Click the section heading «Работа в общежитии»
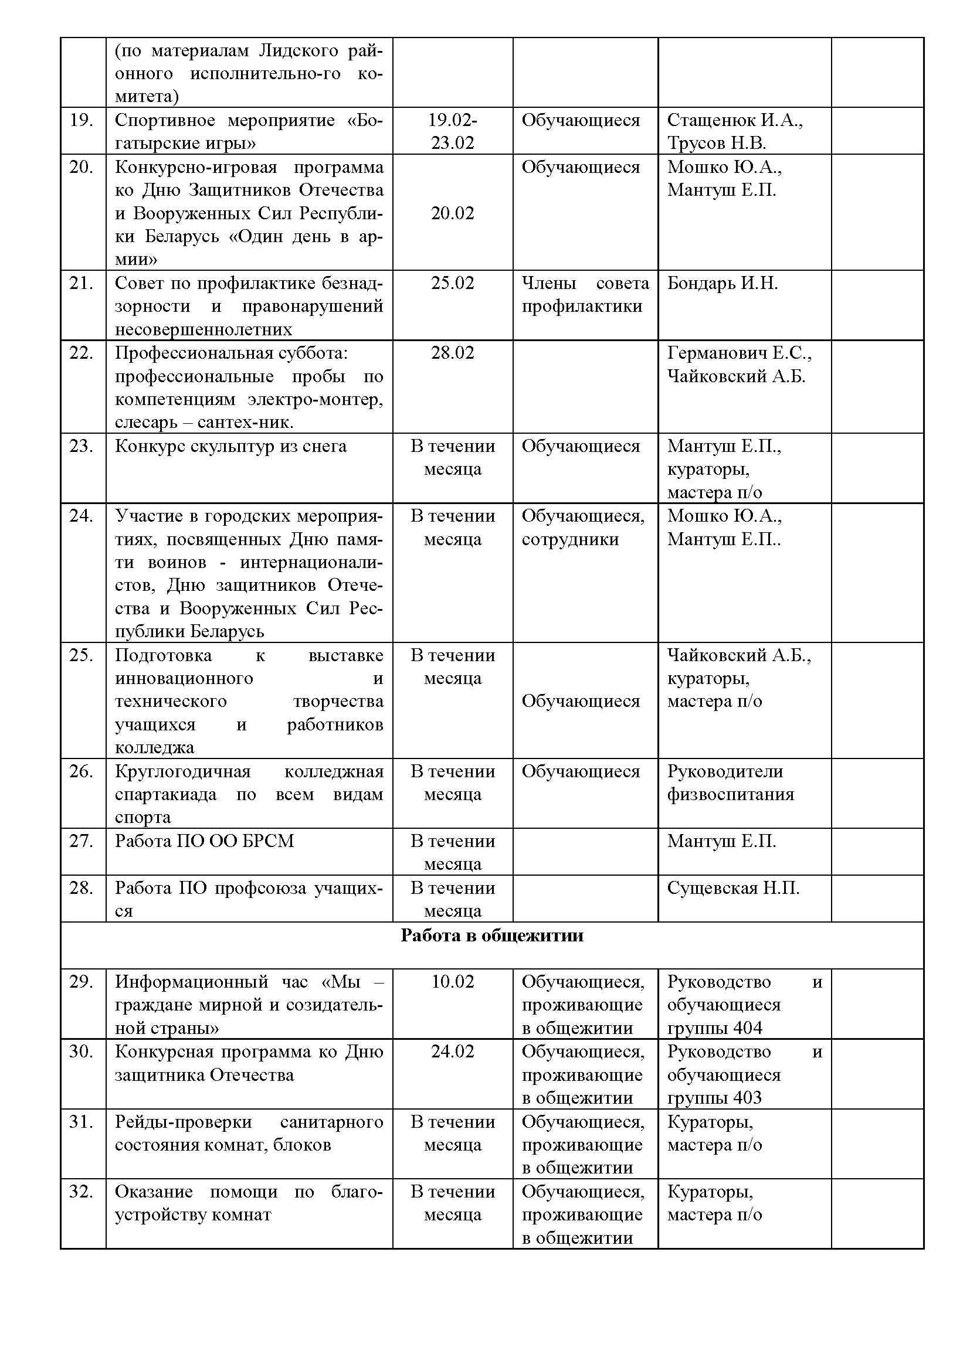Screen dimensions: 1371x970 [491, 935]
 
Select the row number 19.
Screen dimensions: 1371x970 [82, 120]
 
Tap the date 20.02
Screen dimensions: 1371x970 [452, 213]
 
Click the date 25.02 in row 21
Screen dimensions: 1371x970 [452, 283]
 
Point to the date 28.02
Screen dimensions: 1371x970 [452, 353]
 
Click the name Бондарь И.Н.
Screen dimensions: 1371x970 [722, 283]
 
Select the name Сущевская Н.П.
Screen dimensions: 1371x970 [733, 888]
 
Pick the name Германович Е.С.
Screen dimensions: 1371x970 [739, 353]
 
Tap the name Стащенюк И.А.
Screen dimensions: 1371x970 [735, 120]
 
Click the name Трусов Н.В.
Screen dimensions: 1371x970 [716, 143]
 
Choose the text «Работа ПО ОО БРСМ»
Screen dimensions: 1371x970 [204, 841]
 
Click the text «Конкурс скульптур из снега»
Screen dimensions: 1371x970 [230, 446]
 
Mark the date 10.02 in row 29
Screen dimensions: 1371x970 [452, 982]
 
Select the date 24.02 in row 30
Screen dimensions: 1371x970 [452, 1052]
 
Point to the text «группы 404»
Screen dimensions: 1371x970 [714, 1028]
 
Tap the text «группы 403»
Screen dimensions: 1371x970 [714, 1098]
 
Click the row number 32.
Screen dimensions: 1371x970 [82, 1191]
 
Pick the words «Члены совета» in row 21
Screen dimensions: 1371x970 [585, 283]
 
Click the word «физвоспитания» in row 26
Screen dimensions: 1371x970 [731, 794]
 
